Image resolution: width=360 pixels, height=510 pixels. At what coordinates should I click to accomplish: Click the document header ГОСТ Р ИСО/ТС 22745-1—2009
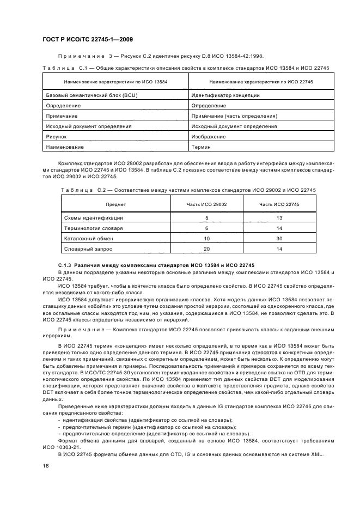point(88,39)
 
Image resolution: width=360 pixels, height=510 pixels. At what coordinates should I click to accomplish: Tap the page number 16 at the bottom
point(46,465)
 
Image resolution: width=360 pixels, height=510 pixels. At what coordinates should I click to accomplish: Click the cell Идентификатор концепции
point(225,95)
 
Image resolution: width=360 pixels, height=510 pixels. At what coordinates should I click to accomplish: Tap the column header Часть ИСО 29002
point(206,204)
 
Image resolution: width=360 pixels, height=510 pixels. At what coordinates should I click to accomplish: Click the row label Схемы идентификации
point(94,217)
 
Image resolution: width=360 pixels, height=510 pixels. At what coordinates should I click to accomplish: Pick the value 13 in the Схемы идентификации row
point(279,217)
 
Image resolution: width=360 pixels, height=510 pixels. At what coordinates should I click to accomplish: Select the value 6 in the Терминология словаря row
point(206,228)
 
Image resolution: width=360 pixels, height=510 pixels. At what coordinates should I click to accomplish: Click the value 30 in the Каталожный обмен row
point(279,238)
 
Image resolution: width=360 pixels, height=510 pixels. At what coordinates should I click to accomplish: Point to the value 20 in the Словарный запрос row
point(206,248)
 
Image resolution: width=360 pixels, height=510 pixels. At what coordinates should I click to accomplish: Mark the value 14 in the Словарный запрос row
point(279,248)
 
